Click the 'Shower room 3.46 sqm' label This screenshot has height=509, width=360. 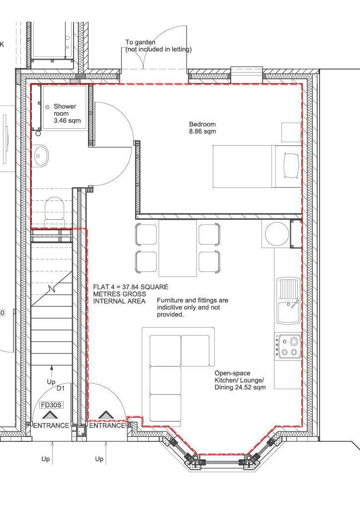click(x=67, y=114)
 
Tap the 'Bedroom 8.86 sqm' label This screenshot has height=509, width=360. click(x=202, y=128)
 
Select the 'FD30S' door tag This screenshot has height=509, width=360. click(x=51, y=405)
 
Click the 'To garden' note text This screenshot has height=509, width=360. click(x=140, y=42)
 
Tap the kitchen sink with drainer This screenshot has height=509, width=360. click(x=288, y=301)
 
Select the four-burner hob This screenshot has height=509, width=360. click(x=287, y=346)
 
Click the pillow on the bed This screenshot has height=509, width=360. click(x=291, y=166)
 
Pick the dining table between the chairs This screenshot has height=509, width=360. click(x=178, y=248)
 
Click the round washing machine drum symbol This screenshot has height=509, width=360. click(x=277, y=234)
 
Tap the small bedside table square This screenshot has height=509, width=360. click(x=291, y=132)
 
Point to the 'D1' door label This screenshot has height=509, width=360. click(x=61, y=388)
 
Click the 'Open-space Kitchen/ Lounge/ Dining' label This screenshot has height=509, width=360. click(x=240, y=380)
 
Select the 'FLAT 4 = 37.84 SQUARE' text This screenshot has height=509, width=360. click(x=130, y=287)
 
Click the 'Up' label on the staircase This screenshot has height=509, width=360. click(x=51, y=382)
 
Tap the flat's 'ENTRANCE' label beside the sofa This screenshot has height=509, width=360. click(x=107, y=425)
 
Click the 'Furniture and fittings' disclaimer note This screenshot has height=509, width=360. click(x=192, y=307)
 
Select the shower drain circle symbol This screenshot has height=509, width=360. click(x=47, y=107)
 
